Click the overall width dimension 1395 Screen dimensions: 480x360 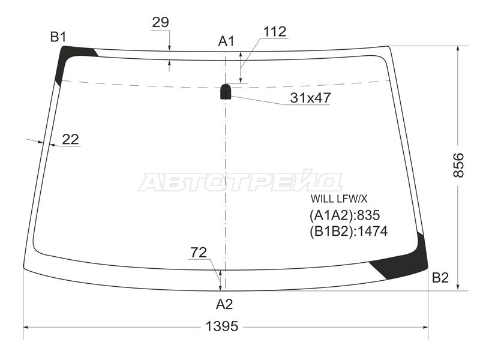coord(221,326)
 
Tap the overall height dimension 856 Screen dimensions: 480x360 coord(458,166)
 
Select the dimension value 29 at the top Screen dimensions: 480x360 coord(160,22)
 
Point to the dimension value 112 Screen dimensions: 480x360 coord(275,32)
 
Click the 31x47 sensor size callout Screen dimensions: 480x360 coord(310,98)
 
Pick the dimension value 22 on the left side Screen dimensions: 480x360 coord(70,139)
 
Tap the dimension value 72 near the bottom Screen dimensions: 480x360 coord(199,253)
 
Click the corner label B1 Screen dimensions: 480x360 coord(58,37)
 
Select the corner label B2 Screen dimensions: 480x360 coord(440,278)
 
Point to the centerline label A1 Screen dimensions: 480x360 coord(226,41)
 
